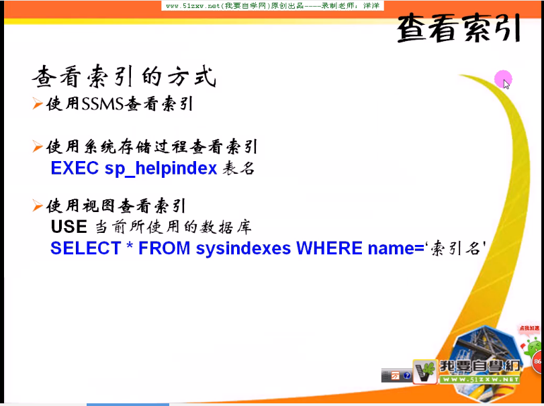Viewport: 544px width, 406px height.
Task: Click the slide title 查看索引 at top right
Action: pos(459,28)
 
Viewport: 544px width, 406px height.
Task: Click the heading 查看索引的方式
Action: pos(124,78)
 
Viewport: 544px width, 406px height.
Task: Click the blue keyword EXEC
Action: pos(75,168)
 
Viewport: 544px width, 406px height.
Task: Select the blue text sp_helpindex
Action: pos(161,168)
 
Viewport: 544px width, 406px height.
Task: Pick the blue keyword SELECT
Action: pos(85,248)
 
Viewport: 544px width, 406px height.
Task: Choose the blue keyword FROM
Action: pos(165,248)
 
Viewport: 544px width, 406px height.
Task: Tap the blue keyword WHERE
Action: pos(329,248)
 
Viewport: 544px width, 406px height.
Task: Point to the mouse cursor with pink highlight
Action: pos(504,81)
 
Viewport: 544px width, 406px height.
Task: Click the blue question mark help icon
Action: pos(407,376)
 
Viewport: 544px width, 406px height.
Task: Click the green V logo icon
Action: pos(424,371)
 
